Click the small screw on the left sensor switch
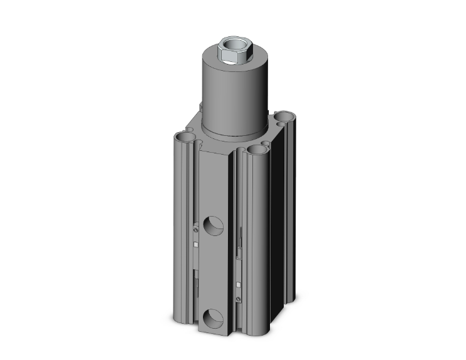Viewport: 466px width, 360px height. click(195, 230)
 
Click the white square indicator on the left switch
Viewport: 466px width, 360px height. click(195, 244)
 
